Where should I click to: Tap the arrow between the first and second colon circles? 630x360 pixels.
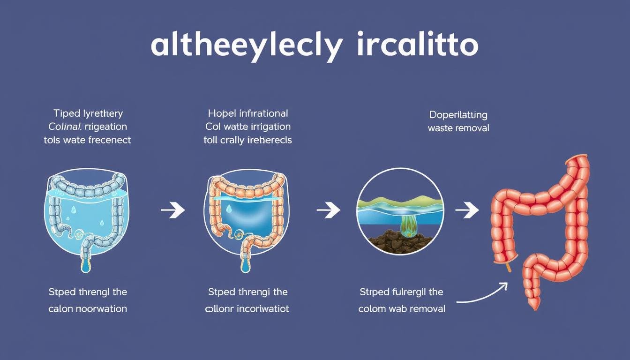click(x=173, y=211)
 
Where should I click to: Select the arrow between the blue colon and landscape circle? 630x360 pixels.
click(x=329, y=211)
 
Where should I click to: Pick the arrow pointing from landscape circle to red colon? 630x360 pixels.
click(x=467, y=211)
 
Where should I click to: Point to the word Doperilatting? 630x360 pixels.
click(x=458, y=115)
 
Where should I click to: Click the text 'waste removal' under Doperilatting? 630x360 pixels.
click(x=458, y=128)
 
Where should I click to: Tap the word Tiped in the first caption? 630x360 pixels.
click(x=67, y=113)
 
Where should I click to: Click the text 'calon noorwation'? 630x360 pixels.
click(x=88, y=309)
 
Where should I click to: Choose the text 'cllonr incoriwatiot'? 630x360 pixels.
click(x=247, y=309)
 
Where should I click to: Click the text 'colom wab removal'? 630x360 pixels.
click(x=402, y=309)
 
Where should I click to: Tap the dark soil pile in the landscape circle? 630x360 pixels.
click(x=396, y=240)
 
